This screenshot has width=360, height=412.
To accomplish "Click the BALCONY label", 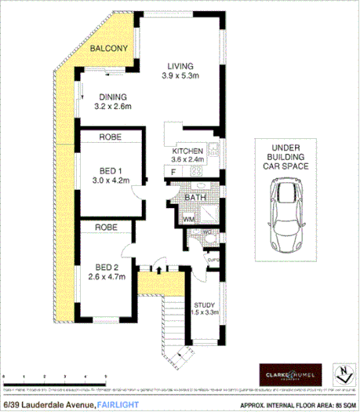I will pyautogui.click(x=107, y=49).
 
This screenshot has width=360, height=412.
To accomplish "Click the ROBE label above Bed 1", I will pyautogui.click(x=108, y=137).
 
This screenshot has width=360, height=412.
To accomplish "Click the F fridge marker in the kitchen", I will pyautogui.click(x=170, y=170).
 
